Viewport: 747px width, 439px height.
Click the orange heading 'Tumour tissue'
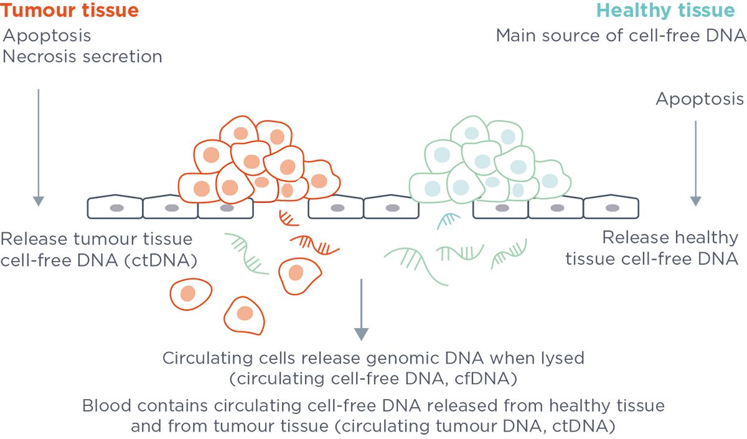(x=69, y=11)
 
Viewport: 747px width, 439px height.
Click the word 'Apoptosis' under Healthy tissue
(x=700, y=99)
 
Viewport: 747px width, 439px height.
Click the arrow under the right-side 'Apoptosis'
(x=695, y=163)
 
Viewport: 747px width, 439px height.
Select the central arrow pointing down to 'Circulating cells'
(x=361, y=309)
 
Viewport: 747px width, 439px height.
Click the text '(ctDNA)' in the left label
(x=169, y=260)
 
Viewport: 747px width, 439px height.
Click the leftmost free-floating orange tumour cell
(x=190, y=295)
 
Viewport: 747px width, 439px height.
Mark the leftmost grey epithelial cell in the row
(x=115, y=207)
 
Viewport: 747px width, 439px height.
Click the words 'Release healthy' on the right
(x=670, y=238)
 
